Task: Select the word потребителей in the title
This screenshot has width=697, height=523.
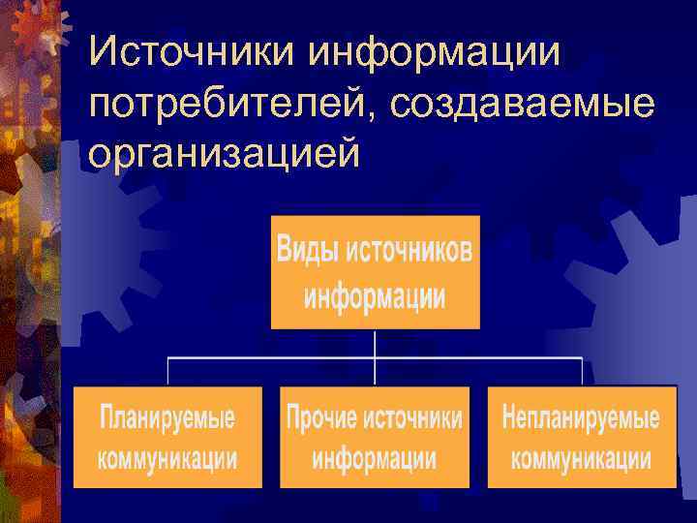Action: click(x=238, y=102)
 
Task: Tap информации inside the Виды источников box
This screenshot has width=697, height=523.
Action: click(x=375, y=294)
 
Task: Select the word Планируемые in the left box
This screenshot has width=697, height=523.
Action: click(x=167, y=419)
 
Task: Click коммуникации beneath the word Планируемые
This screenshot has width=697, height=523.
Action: click(x=167, y=458)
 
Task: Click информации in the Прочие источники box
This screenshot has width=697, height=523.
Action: click(x=374, y=458)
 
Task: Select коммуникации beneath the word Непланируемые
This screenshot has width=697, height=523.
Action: click(x=581, y=458)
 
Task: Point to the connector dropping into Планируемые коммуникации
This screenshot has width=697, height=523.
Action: click(x=169, y=372)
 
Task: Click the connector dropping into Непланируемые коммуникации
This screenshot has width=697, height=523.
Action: click(x=581, y=372)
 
